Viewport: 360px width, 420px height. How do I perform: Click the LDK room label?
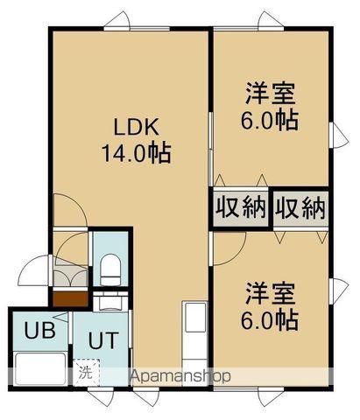[x=136, y=127]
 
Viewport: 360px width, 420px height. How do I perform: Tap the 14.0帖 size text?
[x=136, y=153]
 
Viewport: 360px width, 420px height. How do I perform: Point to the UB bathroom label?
[x=39, y=330]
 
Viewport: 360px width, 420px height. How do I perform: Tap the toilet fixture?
[x=110, y=269]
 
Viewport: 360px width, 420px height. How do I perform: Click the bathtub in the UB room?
[x=40, y=368]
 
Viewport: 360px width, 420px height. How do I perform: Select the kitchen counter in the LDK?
[x=194, y=344]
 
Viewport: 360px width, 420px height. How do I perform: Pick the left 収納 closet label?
[x=241, y=208]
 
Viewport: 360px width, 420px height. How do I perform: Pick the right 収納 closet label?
[x=300, y=208]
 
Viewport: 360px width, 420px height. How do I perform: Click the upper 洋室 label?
[x=270, y=94]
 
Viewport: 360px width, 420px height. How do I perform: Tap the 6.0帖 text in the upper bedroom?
[x=270, y=120]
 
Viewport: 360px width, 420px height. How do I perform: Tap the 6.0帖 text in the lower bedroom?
[x=270, y=320]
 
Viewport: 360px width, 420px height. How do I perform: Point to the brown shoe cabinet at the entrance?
[x=70, y=298]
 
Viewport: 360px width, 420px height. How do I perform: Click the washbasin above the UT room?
[x=110, y=302]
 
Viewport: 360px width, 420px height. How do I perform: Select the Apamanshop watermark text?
[x=180, y=376]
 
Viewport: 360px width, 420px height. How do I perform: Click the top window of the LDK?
[x=137, y=29]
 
